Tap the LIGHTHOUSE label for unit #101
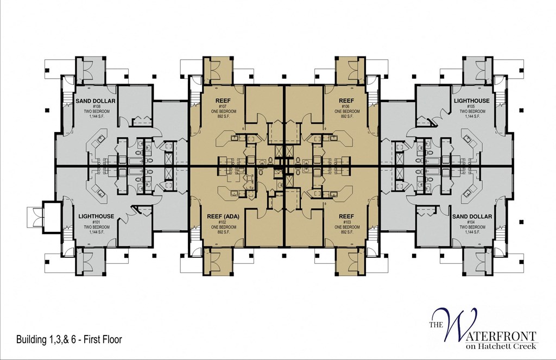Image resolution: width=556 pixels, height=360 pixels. point(96,216)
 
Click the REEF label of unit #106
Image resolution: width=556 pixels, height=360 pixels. point(346,101)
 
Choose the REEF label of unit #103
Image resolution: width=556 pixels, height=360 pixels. point(346,216)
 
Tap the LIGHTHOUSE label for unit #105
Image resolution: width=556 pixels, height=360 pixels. point(471,101)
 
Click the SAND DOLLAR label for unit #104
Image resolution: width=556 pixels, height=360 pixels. point(472,216)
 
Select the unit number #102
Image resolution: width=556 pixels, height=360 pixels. point(223,222)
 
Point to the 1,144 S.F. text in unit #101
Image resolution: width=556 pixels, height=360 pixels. point(96,232)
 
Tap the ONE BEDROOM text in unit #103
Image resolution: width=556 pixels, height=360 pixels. point(346,226)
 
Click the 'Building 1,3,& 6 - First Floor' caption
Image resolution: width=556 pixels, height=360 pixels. point(69,340)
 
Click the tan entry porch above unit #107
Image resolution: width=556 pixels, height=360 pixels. point(215,70)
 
